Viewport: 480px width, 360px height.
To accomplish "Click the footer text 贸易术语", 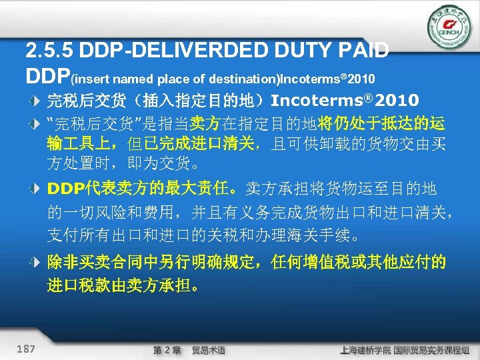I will [209, 349].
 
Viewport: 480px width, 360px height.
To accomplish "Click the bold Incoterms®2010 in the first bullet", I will [345, 101].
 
